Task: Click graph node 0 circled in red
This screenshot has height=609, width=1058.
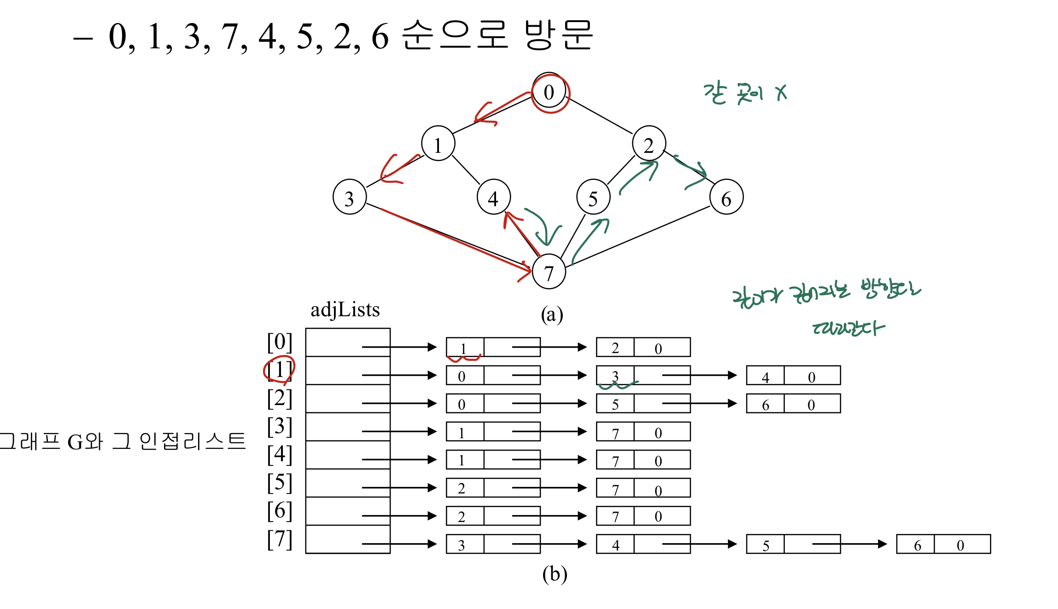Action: point(549,93)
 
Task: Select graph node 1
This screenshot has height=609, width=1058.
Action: point(438,145)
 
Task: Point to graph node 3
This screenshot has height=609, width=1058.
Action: point(349,198)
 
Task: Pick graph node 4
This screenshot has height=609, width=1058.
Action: point(493,198)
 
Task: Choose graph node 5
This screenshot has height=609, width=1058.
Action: point(593,198)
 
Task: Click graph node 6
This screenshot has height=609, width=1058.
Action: point(726,198)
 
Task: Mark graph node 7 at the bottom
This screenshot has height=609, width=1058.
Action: point(549,273)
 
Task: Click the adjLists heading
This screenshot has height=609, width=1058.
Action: point(345,310)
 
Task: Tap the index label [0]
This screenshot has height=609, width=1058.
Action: point(280,342)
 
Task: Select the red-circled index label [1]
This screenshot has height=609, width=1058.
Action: point(280,370)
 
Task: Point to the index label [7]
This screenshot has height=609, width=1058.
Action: point(280,539)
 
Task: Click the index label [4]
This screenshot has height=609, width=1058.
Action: point(280,454)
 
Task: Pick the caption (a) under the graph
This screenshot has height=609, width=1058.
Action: point(552,314)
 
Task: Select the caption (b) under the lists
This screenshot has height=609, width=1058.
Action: point(555,574)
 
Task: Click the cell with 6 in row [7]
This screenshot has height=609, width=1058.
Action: point(918,545)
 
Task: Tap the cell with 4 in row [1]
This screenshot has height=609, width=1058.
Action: point(766,377)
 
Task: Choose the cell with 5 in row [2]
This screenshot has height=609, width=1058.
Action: point(615,404)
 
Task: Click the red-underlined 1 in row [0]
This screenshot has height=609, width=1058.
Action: point(464,348)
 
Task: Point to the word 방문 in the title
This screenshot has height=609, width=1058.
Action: point(558,35)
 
